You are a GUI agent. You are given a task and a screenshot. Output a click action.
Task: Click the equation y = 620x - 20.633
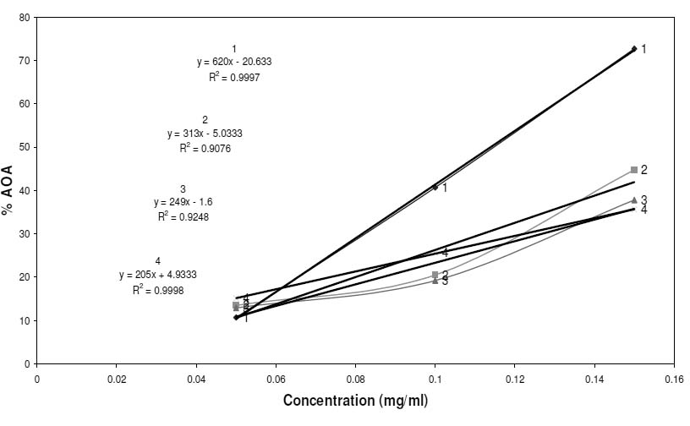[x=234, y=62]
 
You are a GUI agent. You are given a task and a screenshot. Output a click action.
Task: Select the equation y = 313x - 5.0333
[x=205, y=134]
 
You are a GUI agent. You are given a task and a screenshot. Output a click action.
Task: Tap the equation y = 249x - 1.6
[x=183, y=203]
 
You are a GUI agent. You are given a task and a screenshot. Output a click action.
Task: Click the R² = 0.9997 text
[x=234, y=77]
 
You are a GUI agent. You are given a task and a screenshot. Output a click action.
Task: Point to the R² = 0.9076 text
[x=205, y=149]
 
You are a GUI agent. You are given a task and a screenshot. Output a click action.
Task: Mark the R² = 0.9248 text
[x=183, y=217]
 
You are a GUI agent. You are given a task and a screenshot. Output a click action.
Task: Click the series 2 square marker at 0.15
[x=634, y=170]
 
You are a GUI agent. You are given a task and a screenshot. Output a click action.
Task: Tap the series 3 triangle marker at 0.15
[x=634, y=200]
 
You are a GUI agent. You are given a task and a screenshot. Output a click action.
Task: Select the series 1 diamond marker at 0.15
[x=634, y=49]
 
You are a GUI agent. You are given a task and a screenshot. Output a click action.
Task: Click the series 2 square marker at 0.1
[x=435, y=275]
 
